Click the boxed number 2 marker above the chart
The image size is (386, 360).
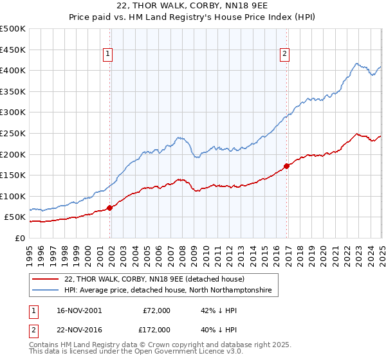[284, 55]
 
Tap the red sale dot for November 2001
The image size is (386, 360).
[110, 208]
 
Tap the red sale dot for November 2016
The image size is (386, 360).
[287, 166]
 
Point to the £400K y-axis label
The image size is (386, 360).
[13, 70]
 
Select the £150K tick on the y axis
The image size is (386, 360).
[13, 175]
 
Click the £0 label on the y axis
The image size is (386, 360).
[19, 238]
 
